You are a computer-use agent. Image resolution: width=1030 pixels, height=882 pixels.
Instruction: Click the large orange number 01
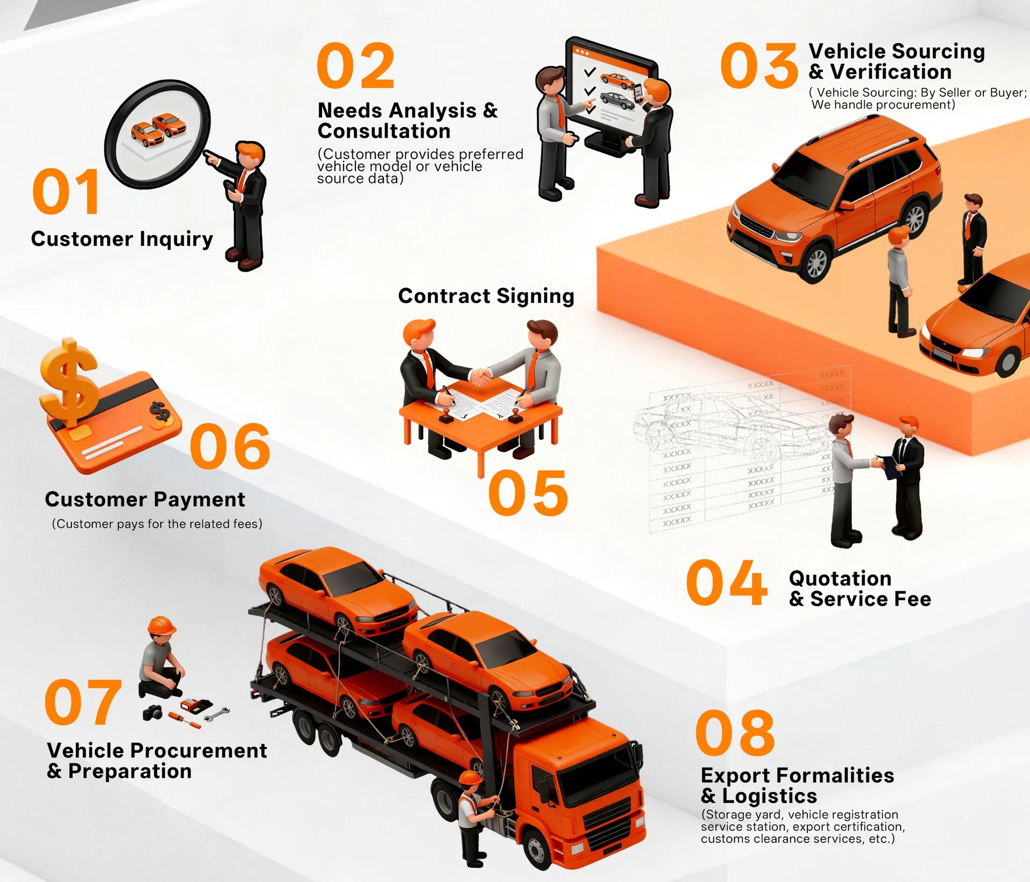(66, 192)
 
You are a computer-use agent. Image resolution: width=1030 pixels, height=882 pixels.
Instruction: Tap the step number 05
(528, 493)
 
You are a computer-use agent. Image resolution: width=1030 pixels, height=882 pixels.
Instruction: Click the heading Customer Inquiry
(122, 239)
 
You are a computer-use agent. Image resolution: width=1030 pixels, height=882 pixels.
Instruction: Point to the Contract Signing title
(486, 296)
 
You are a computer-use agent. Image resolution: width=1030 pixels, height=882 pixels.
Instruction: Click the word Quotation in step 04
(840, 578)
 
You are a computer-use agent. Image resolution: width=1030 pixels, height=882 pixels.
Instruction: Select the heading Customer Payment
(145, 499)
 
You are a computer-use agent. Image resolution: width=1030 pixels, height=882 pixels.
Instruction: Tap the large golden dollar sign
(69, 381)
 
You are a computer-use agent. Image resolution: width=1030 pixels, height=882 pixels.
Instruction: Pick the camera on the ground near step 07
(153, 712)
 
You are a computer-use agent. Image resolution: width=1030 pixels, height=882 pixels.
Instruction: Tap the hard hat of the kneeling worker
(162, 625)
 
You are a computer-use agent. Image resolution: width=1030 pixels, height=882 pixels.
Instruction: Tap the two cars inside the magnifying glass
(159, 129)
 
